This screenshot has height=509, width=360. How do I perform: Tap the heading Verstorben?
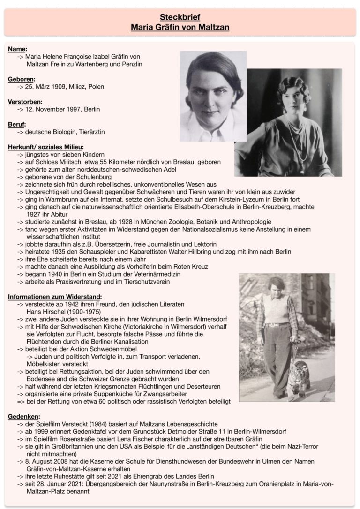click(25, 102)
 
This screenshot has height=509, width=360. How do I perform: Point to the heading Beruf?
click(17, 124)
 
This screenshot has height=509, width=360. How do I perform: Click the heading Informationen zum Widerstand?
click(55, 297)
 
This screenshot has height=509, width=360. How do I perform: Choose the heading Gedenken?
click(24, 416)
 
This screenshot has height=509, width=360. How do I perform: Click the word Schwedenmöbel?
click(115, 349)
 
